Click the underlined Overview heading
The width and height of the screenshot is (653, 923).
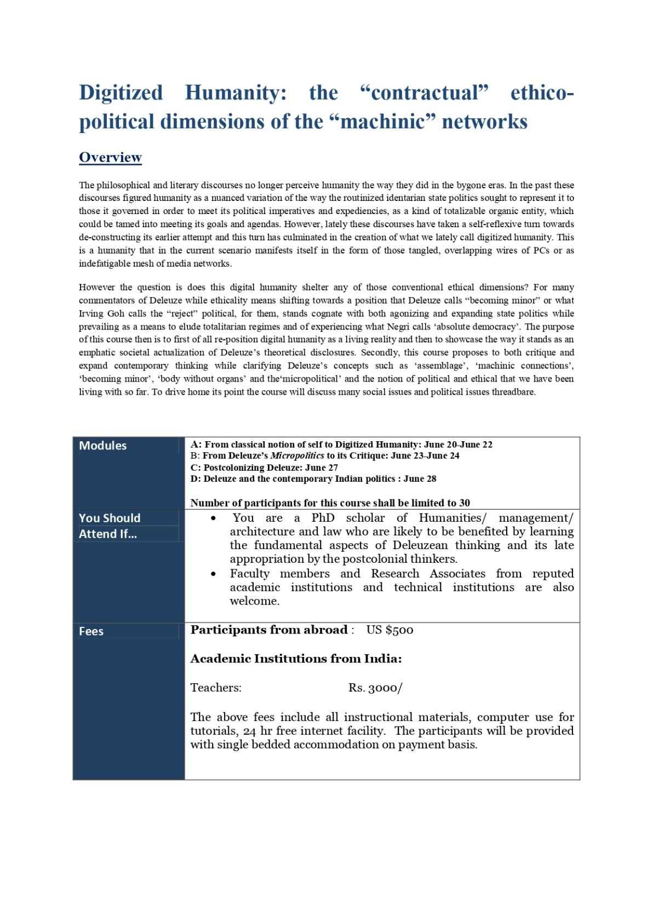pos(110,158)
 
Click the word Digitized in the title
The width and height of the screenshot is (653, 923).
pos(121,93)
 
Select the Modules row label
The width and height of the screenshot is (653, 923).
pos(102,446)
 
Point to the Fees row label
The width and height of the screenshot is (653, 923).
pos(91,631)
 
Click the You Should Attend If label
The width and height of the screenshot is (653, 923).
pos(110,526)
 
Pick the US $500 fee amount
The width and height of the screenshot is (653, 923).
pos(389,630)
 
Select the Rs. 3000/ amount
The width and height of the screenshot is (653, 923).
pos(375,688)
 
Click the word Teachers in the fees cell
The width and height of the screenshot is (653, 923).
pos(216,688)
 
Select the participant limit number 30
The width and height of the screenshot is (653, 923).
pos(465,503)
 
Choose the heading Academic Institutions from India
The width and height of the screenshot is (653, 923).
pos(296,659)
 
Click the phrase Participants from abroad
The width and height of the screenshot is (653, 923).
pos(269,630)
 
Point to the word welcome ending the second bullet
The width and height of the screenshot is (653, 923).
pos(254,601)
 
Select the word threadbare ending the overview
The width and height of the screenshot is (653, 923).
pos(514,393)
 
